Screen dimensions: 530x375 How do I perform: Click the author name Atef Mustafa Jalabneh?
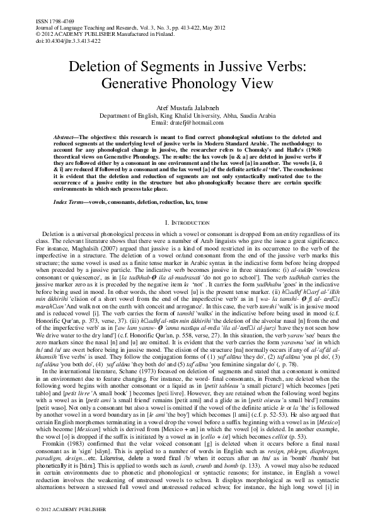pyautogui.click(x=188, y=109)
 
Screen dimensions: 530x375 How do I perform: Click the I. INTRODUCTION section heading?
pyautogui.click(x=187, y=223)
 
